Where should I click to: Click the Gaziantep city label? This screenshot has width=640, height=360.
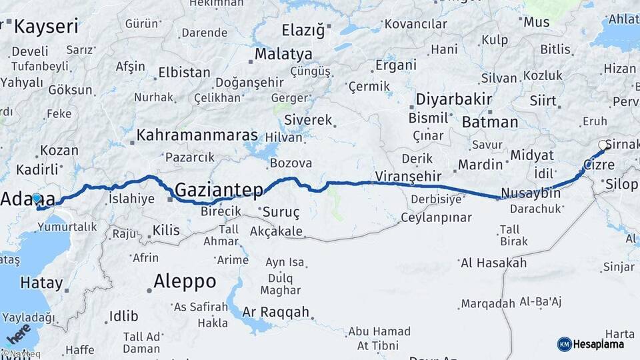point(219,190)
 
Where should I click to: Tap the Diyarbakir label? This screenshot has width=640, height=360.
point(454,100)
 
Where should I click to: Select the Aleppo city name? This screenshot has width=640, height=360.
point(185,281)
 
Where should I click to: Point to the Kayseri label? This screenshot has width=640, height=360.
point(46,27)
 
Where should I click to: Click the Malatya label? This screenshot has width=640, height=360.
point(283,53)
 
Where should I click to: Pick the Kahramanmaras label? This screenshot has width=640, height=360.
point(197,135)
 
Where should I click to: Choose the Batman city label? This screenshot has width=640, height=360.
point(490,122)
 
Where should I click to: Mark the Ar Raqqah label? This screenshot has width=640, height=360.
point(276,312)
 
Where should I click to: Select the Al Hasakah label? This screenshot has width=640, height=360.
point(494,263)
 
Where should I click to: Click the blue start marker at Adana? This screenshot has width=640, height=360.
point(36,199)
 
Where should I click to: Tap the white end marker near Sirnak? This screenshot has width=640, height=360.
point(603,145)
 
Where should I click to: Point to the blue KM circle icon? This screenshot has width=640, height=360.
point(565,344)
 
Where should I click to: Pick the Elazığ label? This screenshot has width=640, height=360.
point(303,30)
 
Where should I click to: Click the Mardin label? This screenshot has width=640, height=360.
point(480,164)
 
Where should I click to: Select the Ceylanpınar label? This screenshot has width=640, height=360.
point(436,217)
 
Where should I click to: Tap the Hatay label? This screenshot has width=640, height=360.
point(41,283)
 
